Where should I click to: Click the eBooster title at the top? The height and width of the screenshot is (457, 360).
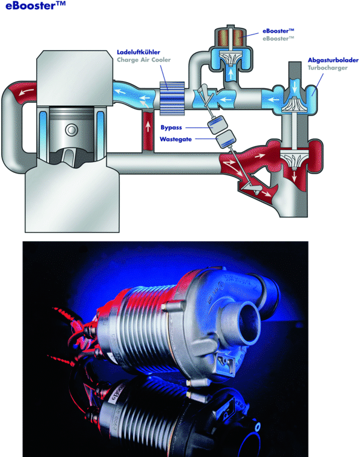point(35,5)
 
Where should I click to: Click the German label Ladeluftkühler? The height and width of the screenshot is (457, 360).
point(139,52)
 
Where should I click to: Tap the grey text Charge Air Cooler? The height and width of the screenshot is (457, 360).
point(144,60)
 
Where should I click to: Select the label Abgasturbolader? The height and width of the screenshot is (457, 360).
point(333,60)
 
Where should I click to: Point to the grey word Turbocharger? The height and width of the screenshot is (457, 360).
point(327,68)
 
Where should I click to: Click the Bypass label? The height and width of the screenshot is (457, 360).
point(171,128)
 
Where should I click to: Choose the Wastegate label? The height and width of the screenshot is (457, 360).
point(175,139)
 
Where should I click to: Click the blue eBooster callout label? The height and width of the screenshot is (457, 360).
point(278,31)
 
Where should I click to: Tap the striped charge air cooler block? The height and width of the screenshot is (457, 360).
point(172,98)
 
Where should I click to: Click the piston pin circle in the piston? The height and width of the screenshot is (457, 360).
point(71,129)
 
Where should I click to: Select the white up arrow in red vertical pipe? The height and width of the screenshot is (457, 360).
point(148,126)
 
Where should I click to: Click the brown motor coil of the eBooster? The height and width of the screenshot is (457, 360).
point(231,37)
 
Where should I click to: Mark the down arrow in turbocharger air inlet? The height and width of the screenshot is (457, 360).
point(295,85)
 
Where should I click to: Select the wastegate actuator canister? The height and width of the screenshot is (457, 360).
point(226,138)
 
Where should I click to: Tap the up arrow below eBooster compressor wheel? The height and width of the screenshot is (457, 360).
point(231,74)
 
